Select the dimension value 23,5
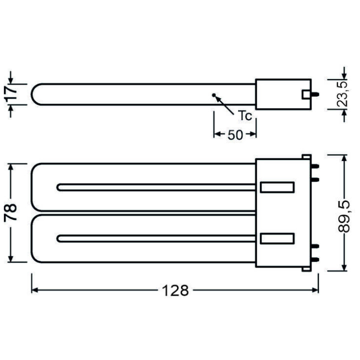pyautogui.click(x=342, y=93)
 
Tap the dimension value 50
pyautogui.click(x=235, y=134)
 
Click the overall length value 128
pyautogui.click(x=175, y=290)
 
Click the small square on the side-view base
pyautogui.click(x=305, y=94)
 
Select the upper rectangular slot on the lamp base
pyautogui.click(x=276, y=187)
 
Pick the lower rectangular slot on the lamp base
pyautogui.click(x=276, y=238)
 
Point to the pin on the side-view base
pyautogui.click(x=316, y=94)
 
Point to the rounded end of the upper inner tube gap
pyautogui.click(x=60, y=187)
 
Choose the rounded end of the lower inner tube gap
pyautogui.click(x=60, y=238)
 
